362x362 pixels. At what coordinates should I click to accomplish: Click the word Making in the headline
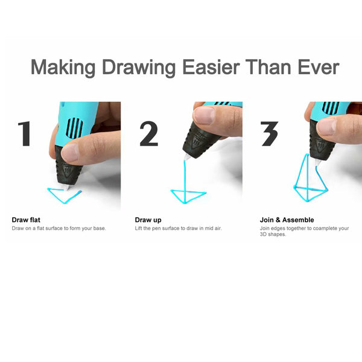63,67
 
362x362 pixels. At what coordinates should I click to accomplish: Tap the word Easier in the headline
211,67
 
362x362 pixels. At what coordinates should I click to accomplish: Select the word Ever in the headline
319,67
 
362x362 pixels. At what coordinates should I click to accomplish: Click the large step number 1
25,134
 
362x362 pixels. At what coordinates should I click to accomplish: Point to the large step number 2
148,134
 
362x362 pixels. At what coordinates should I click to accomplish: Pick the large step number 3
269,134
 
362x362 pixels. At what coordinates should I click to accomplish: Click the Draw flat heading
26,220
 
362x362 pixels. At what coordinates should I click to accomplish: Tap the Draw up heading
148,220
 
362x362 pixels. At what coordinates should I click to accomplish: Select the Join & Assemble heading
287,220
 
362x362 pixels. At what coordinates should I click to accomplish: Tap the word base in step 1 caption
100,228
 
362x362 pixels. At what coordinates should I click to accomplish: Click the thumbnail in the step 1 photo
70,153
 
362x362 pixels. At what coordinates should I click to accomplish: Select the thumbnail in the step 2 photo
204,115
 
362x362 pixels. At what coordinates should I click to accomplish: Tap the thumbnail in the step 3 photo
326,127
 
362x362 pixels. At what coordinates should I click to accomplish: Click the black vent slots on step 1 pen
74,127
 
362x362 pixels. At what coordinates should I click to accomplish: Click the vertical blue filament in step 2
185,182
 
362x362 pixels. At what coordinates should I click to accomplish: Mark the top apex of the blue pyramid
307,154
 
